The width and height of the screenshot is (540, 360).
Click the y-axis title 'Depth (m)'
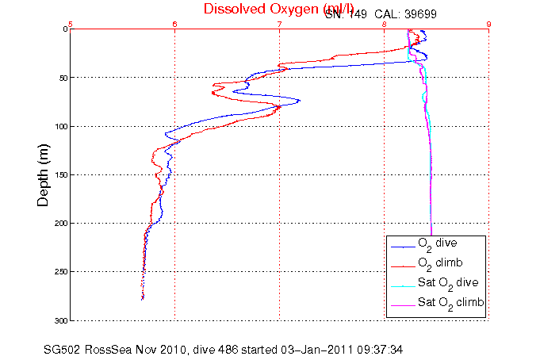click(44, 174)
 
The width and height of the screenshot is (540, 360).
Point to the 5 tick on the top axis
click(71, 24)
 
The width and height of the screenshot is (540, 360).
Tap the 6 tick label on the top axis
click(174, 24)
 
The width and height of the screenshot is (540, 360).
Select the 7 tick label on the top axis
click(279, 24)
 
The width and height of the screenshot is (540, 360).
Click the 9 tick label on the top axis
click(488, 24)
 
